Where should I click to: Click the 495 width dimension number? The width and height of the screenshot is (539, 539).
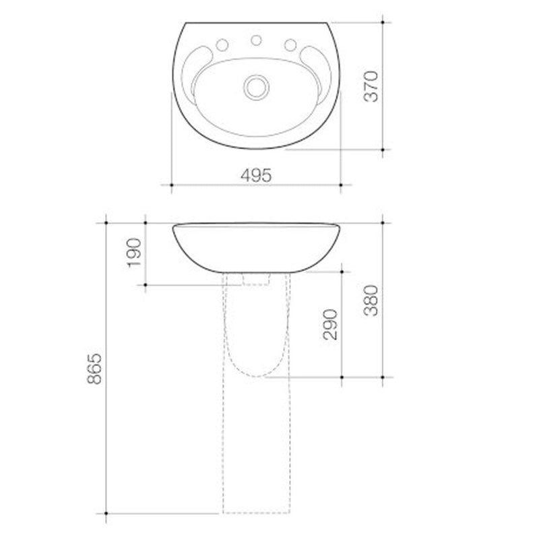tap(256, 175)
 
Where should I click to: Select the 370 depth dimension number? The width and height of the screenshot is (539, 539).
tap(373, 86)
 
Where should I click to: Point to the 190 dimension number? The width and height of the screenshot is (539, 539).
tap(134, 252)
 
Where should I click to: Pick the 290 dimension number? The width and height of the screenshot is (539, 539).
tap(331, 324)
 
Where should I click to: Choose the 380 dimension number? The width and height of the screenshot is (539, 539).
tap(373, 300)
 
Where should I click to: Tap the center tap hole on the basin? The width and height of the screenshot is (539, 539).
tap(256, 40)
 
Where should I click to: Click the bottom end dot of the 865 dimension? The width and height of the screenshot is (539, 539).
tap(106, 513)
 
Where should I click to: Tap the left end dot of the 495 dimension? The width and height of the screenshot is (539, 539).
tap(171, 184)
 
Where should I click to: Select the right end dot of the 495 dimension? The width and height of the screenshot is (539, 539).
tap(341, 184)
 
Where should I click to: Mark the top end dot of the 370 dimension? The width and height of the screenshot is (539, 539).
tap(383, 22)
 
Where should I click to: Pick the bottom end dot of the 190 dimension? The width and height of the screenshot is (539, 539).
tap(145, 284)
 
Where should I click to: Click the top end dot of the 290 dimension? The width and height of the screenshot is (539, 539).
tap(342, 272)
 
